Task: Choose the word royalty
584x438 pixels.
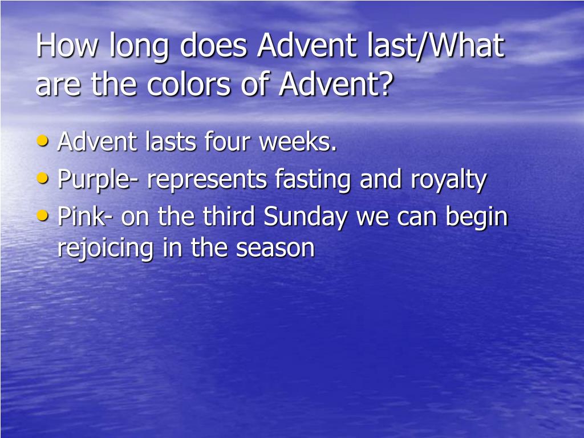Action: pyautogui.click(x=448, y=180)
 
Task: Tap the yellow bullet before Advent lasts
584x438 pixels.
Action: pyautogui.click(x=43, y=141)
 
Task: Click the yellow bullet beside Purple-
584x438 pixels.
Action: pyautogui.click(x=43, y=179)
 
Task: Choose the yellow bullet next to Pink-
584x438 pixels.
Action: pyautogui.click(x=43, y=216)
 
